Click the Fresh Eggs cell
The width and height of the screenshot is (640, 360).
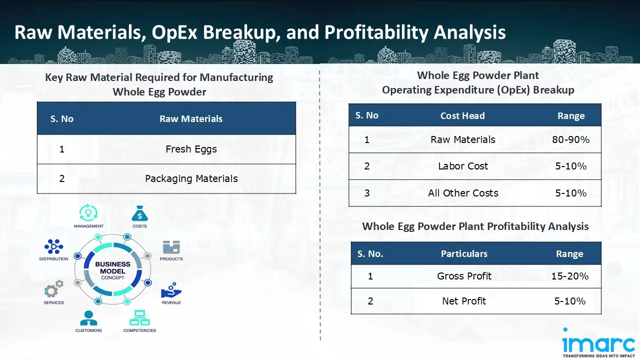tap(191, 149)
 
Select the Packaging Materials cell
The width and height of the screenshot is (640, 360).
tap(191, 178)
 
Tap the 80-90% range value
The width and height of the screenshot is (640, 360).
tap(570, 139)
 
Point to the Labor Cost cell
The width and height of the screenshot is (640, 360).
tap(463, 166)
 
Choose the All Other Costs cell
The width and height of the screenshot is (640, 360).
tap(463, 193)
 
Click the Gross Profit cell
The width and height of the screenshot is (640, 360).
tap(464, 276)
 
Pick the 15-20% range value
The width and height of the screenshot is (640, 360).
tap(569, 276)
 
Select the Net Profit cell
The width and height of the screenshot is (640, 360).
tap(464, 301)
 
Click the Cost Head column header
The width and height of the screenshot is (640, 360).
tap(462, 116)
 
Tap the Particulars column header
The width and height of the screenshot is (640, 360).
tap(464, 254)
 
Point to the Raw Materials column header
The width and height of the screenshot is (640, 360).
tap(191, 119)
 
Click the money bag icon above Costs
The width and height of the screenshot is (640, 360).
tap(139, 214)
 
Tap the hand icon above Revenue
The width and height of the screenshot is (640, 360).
tap(171, 292)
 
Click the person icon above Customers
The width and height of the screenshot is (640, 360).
tap(88, 318)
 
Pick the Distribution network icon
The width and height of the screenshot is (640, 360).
tap(53, 246)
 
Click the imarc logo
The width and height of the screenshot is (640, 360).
tap(598, 342)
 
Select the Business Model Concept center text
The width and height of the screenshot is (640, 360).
tap(112, 270)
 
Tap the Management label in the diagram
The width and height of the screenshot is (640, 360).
tap(88, 226)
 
